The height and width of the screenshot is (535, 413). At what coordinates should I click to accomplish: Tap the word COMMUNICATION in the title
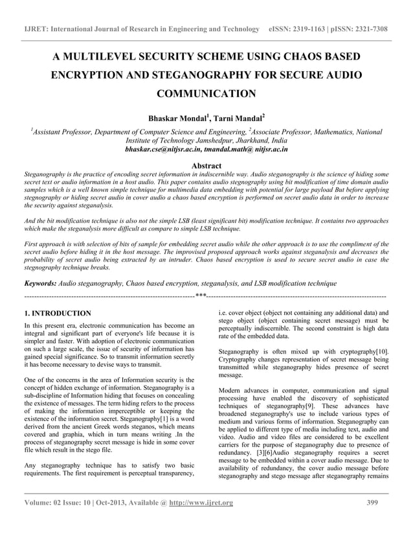[207, 94]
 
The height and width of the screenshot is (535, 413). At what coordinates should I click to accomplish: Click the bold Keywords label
[39, 284]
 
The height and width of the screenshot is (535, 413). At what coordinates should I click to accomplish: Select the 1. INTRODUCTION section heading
[57, 313]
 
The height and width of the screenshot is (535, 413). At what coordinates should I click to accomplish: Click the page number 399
[372, 503]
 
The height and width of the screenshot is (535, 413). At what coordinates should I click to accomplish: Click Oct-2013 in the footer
[111, 503]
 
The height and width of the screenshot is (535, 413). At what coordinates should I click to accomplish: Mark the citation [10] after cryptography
[382, 352]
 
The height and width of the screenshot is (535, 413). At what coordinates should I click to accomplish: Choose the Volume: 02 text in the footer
[45, 503]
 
